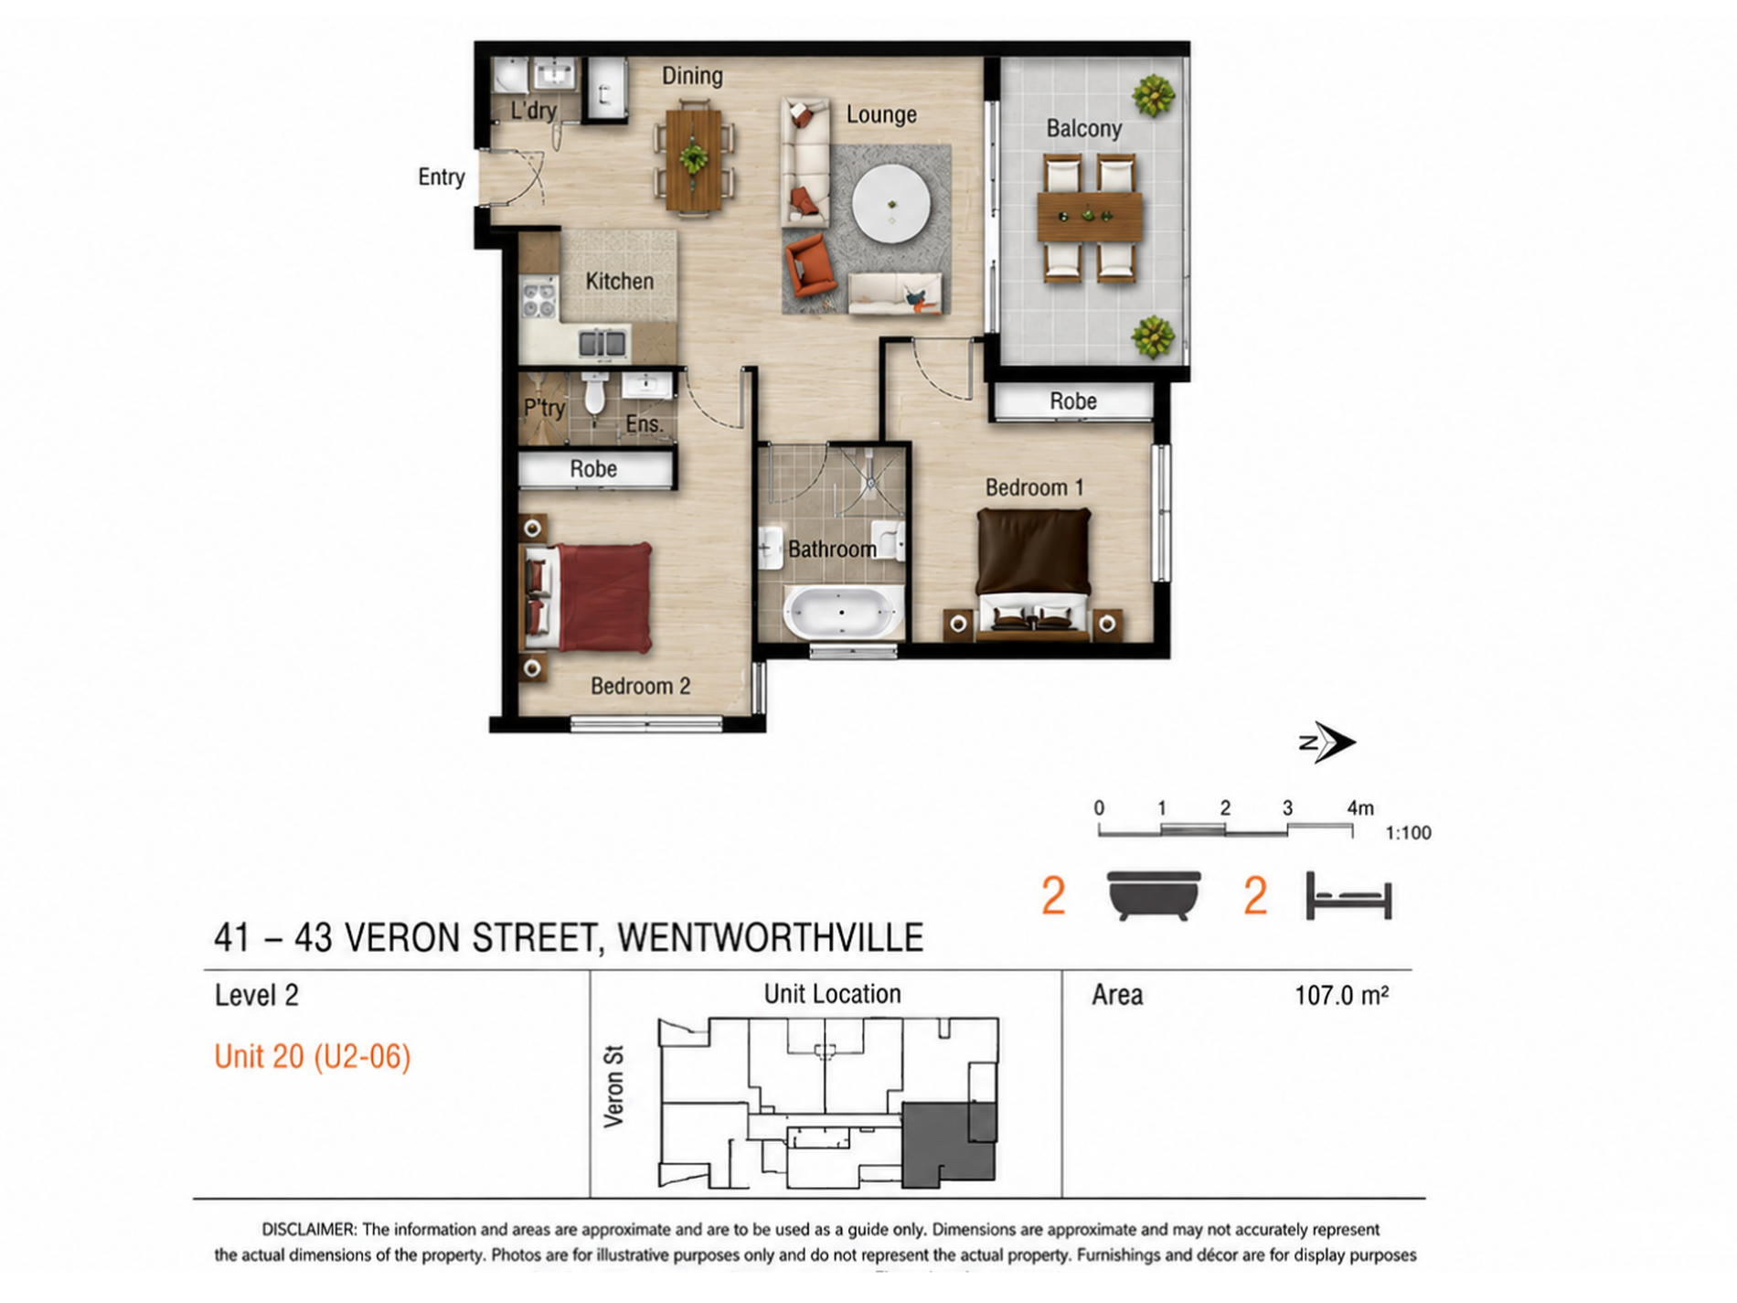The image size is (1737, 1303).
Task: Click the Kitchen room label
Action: point(619,281)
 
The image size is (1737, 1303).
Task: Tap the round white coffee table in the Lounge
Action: point(890,203)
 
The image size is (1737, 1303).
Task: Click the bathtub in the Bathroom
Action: point(841,612)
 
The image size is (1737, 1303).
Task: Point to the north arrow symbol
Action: point(1327,742)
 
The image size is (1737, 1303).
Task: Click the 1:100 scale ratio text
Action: point(1408,833)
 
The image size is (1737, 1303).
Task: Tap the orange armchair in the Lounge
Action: point(809,266)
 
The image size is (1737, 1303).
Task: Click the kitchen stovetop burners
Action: point(538,300)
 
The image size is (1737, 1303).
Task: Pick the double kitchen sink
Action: point(602,344)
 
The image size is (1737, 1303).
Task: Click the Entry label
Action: point(442,176)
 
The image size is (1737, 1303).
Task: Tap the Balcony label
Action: point(1083,128)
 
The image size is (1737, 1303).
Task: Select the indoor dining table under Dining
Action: point(693,160)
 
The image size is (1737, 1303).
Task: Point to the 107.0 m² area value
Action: point(1341,995)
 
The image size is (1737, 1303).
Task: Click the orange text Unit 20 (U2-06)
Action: point(313,1057)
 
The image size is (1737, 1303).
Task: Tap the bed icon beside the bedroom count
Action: point(1348,895)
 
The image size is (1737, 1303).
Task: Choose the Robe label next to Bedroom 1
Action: point(1072,401)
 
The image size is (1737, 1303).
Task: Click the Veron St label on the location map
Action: point(613,1086)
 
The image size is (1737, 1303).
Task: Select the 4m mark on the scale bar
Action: point(1359,808)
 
